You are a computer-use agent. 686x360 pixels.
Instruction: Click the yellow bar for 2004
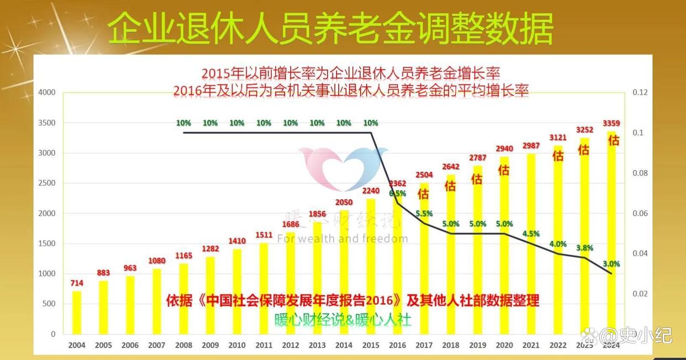[x=77, y=312]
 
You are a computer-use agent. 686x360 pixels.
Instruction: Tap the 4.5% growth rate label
[x=530, y=234]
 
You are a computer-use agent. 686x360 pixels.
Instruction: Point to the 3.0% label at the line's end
[x=611, y=264]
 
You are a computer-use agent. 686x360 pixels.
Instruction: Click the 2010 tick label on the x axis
[x=237, y=346]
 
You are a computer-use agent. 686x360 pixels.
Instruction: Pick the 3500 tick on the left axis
[x=48, y=123]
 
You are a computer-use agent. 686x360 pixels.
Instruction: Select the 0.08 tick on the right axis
[x=640, y=173]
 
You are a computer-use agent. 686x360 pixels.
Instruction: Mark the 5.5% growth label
[x=424, y=214]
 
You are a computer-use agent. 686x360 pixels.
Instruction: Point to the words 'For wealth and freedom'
[x=342, y=239]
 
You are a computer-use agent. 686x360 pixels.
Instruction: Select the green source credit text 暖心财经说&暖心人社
[x=342, y=320]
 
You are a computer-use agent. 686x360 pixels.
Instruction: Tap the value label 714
[x=77, y=283]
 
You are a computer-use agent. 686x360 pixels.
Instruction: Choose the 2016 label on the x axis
[x=397, y=346]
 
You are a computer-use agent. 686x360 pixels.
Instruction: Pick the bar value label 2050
[x=344, y=203]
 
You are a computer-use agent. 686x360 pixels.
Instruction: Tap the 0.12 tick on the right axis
[x=640, y=92]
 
